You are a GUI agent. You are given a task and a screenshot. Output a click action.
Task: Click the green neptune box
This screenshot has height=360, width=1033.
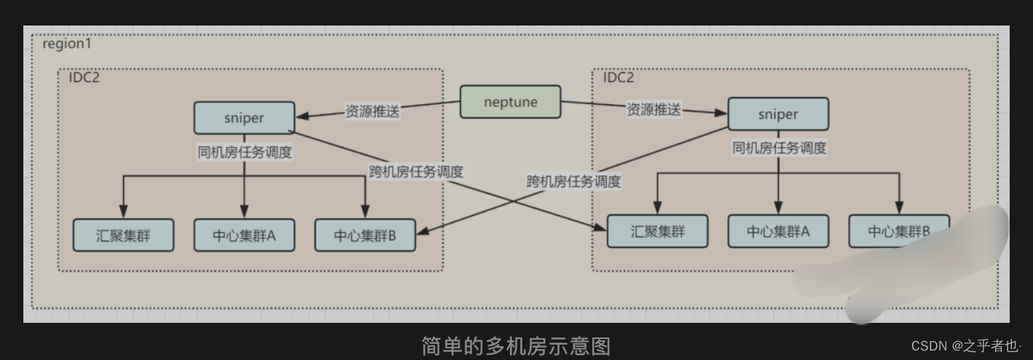pyautogui.click(x=511, y=102)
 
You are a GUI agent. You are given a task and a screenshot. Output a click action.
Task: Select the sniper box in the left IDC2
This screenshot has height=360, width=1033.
pyautogui.click(x=244, y=117)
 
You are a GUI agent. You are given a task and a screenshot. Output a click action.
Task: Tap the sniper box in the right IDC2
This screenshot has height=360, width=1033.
pyautogui.click(x=778, y=114)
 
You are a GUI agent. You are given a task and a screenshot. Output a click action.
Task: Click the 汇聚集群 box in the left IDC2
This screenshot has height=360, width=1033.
pyautogui.click(x=124, y=235)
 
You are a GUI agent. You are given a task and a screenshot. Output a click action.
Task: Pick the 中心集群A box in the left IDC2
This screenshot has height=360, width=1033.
pyautogui.click(x=244, y=235)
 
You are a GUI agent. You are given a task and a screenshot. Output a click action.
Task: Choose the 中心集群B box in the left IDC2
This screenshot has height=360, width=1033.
pyautogui.click(x=365, y=235)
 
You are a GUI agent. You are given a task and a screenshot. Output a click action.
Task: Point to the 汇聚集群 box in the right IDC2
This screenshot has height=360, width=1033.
pyautogui.click(x=657, y=232)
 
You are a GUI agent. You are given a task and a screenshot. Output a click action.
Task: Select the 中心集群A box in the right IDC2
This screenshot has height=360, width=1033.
pyautogui.click(x=778, y=232)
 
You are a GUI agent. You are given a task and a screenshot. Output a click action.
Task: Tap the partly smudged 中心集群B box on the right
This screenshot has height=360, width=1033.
pyautogui.click(x=899, y=232)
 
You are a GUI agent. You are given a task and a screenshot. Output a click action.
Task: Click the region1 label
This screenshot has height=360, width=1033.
pyautogui.click(x=67, y=44)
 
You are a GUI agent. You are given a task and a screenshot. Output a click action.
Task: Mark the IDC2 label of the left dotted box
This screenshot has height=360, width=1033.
pyautogui.click(x=85, y=78)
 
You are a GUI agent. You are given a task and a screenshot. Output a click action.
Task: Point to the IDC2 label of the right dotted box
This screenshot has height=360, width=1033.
pyautogui.click(x=618, y=78)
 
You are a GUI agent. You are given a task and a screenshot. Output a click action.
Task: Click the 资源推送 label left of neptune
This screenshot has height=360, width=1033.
pyautogui.click(x=372, y=111)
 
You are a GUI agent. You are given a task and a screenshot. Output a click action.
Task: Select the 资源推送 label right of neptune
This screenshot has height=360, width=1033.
pyautogui.click(x=653, y=109)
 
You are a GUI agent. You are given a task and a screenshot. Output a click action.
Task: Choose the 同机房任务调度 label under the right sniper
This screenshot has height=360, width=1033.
pyautogui.click(x=779, y=148)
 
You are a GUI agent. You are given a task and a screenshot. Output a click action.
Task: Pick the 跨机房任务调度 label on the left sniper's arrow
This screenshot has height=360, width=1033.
pyautogui.click(x=417, y=172)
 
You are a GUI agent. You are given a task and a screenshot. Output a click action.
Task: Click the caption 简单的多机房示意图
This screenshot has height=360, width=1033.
pyautogui.click(x=516, y=345)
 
